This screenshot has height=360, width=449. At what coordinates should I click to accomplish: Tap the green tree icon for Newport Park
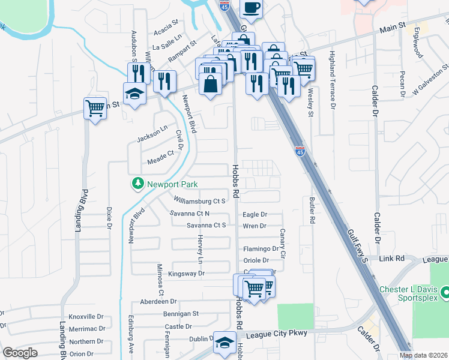click(138, 183)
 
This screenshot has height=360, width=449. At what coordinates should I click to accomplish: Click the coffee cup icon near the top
click(251, 8)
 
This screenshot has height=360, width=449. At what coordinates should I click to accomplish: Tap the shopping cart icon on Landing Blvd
click(95, 108)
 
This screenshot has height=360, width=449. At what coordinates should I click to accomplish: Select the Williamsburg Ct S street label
click(199, 201)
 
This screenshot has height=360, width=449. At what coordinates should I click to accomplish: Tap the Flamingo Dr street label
click(261, 248)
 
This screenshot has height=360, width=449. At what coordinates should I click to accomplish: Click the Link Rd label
click(392, 259)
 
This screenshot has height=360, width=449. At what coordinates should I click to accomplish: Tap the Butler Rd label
click(312, 210)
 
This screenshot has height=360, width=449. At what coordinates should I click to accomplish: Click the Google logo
click(20, 353)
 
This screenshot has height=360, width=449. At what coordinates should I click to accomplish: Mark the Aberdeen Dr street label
click(158, 301)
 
